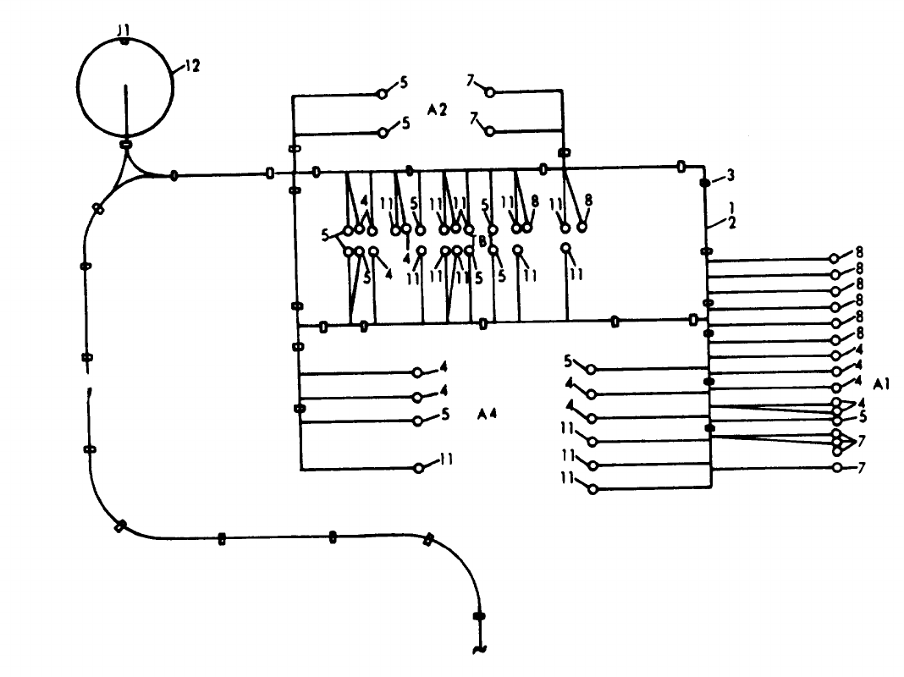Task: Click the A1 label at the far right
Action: click(x=882, y=383)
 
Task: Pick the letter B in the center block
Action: click(x=482, y=241)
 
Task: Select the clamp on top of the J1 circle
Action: click(x=124, y=41)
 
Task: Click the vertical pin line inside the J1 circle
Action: click(x=125, y=110)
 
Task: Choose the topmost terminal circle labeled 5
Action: click(x=383, y=93)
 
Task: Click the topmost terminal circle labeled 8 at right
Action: click(x=835, y=258)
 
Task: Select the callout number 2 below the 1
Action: click(x=730, y=223)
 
